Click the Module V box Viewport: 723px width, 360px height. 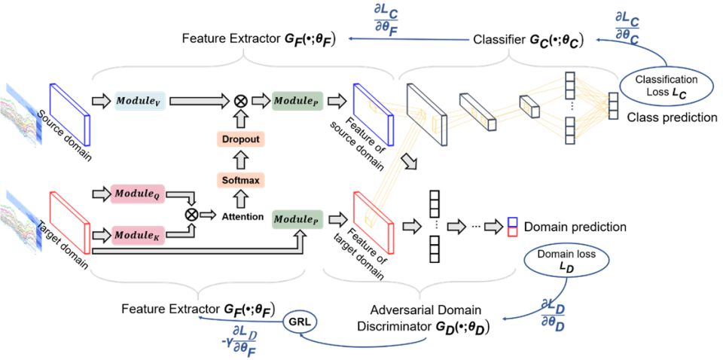coord(140,101)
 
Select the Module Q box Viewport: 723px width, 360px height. coord(136,194)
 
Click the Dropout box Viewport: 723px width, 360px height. coord(241,139)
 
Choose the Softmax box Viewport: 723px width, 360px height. coord(241,180)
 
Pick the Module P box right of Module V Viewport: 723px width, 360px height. coord(297,101)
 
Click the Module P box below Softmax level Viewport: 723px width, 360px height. coord(297,219)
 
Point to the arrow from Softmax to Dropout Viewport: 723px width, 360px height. coord(241,160)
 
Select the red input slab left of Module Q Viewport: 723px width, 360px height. coord(69,221)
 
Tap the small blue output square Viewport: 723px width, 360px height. coord(512,221)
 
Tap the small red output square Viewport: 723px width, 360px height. coord(512,232)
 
